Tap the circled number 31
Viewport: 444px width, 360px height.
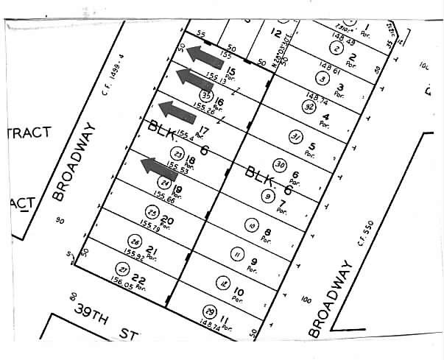296,137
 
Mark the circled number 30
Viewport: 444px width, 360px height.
280,165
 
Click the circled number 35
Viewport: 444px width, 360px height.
206,95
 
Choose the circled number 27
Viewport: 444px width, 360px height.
122,269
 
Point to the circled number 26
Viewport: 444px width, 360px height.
134,241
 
